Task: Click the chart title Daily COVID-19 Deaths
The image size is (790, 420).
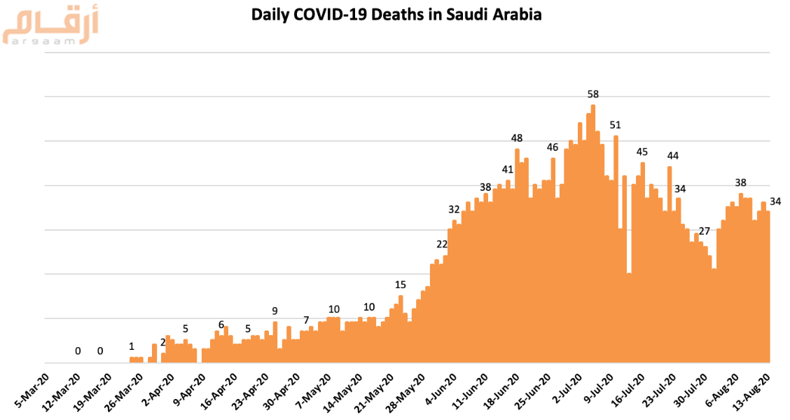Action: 396,14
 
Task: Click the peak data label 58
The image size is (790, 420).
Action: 593,94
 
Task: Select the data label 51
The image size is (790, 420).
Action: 616,125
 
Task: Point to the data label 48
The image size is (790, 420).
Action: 518,138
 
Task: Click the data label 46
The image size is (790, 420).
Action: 553,147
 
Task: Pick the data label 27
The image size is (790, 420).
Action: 705,231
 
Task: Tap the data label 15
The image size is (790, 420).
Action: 401,285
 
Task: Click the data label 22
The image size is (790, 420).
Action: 441,244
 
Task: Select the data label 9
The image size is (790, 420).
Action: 275,311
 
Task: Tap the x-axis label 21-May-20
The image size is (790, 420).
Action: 374,390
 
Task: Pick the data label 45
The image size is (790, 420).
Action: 642,152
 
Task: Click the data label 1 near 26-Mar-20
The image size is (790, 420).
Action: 131,346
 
